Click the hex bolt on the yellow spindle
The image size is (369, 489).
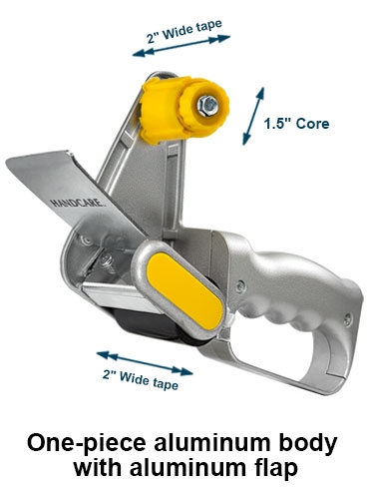coord(207,106)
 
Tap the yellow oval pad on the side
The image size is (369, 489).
coord(184,290)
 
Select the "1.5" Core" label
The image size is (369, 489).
coord(296,124)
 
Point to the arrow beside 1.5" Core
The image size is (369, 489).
coord(253,116)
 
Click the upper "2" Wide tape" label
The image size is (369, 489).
coord(184,32)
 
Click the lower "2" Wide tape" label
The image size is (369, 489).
coord(141,380)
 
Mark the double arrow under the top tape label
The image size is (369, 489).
coord(182,46)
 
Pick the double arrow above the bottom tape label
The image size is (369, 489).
coord(145,363)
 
